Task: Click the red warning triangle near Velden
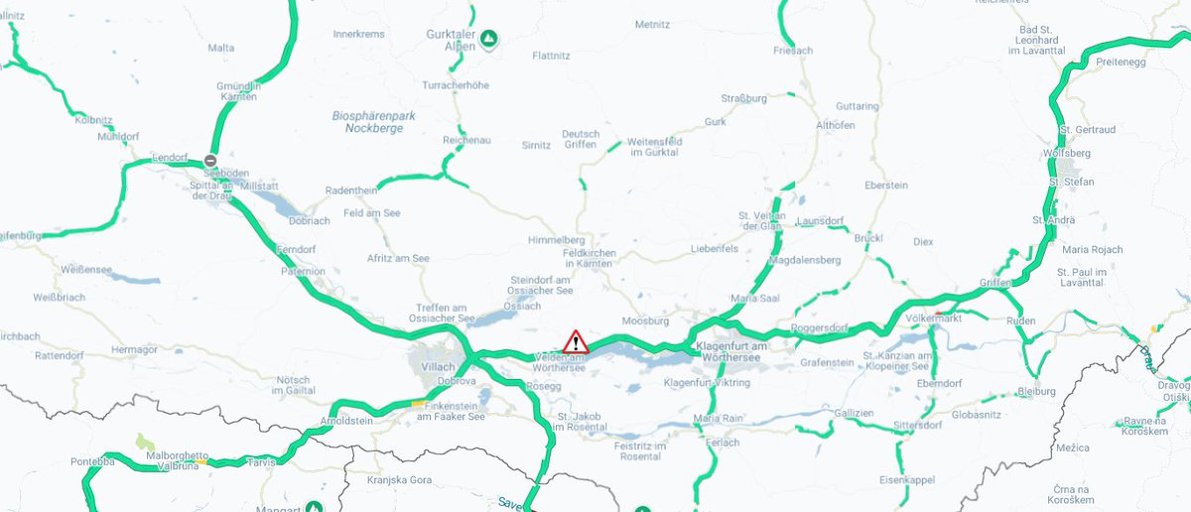click(576, 343)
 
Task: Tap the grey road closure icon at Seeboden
click(210, 161)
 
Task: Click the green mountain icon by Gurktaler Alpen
click(489, 40)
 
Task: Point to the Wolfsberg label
click(1067, 154)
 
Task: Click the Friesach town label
click(792, 50)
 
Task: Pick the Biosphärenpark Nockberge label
click(373, 122)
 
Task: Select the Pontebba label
click(93, 462)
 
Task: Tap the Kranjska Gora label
click(395, 479)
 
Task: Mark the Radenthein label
click(353, 191)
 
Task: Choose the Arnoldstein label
click(345, 421)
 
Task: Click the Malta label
click(221, 48)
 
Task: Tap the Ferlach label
click(724, 443)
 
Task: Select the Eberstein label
click(886, 186)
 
